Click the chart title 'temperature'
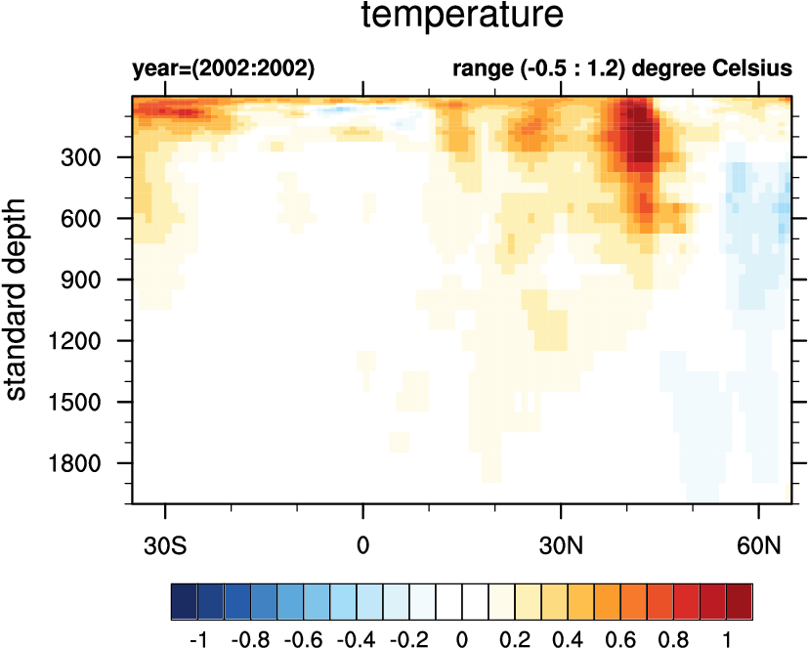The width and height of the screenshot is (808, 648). pos(462,17)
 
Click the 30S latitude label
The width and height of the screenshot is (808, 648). pos(166,542)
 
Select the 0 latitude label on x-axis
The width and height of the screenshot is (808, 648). pos(363,542)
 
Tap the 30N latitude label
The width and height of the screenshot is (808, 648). pos(561,542)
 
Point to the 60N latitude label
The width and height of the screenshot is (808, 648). pos(759,542)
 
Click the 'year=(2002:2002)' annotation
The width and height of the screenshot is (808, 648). pos(224,69)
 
